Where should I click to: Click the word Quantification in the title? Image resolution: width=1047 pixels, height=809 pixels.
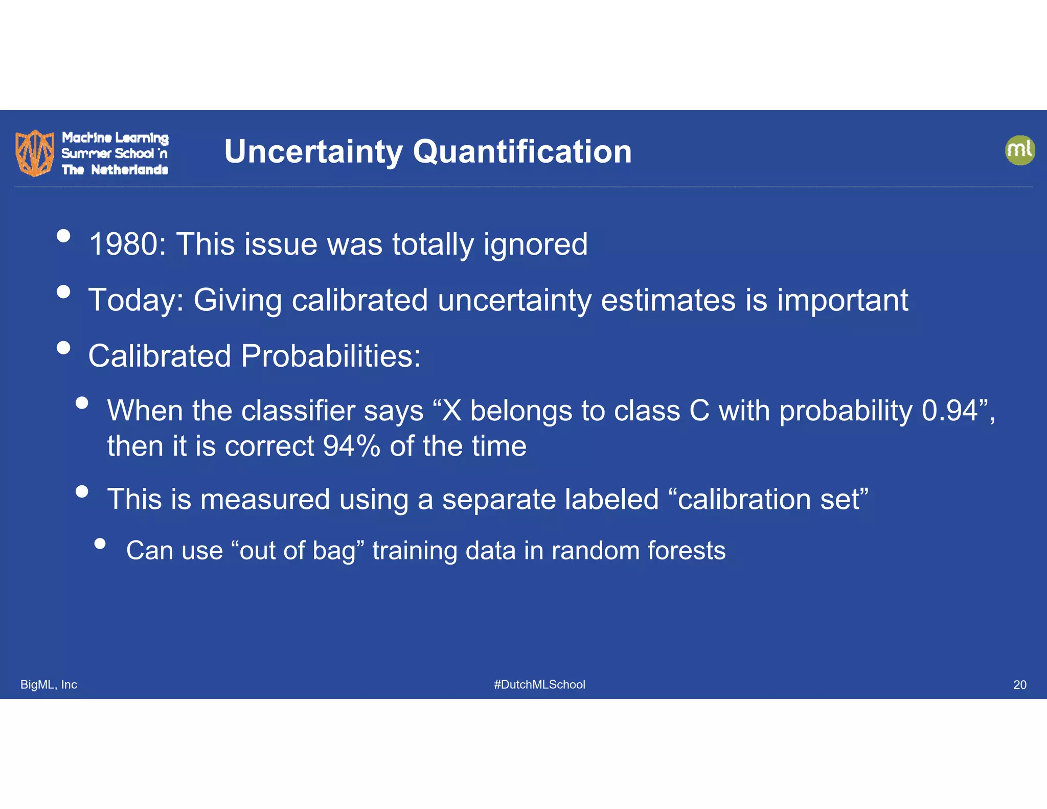click(522, 152)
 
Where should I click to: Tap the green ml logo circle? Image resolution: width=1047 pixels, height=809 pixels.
click(1019, 150)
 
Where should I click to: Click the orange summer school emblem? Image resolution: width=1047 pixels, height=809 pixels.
click(34, 152)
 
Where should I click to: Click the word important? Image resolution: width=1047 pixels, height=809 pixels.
click(842, 300)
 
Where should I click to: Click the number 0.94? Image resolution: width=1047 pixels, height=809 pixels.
click(949, 411)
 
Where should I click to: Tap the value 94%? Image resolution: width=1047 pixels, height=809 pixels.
click(351, 446)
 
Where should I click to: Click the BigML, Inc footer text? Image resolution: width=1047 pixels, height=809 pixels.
click(49, 684)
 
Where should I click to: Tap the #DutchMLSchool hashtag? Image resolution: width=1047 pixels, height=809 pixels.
click(539, 684)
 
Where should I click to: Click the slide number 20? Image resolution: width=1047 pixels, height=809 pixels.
click(1019, 684)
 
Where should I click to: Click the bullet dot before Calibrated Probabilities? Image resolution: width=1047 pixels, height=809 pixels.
click(63, 348)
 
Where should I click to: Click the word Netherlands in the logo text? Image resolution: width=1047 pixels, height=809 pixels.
click(129, 170)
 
